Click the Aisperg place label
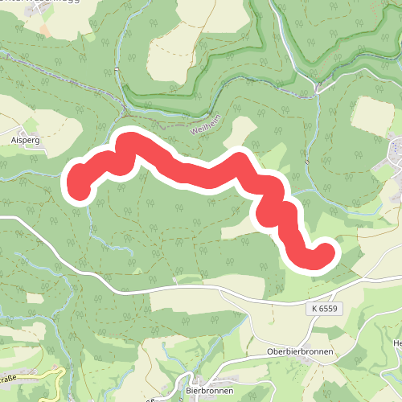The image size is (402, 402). click(x=25, y=139)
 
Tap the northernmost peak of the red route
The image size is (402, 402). click(x=128, y=142)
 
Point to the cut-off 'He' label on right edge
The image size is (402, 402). click(x=396, y=344)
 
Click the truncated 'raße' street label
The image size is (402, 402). click(x=8, y=376)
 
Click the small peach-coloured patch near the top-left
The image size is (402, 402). click(x=44, y=30)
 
